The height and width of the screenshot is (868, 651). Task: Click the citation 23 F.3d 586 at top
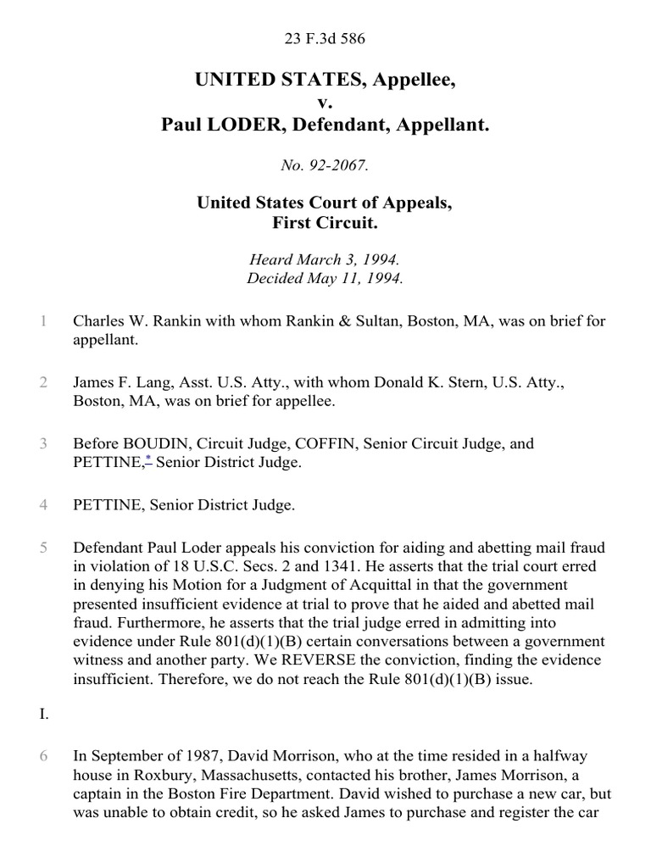click(326, 37)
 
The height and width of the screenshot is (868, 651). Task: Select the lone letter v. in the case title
click(326, 103)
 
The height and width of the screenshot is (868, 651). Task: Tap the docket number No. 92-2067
click(326, 166)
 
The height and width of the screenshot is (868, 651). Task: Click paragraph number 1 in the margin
click(42, 321)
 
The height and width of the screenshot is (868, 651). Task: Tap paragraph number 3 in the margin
click(42, 443)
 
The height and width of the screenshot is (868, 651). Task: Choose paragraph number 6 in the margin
click(42, 755)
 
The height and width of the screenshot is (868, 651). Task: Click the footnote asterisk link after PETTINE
click(147, 460)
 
